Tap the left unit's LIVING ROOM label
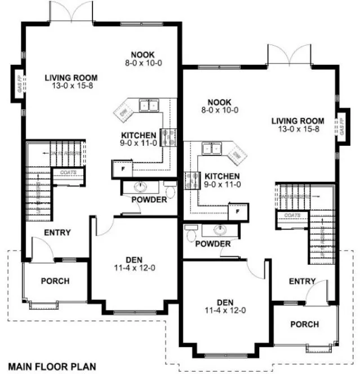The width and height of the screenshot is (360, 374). pos(72,78)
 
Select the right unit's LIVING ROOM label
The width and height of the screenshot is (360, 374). pos(297,121)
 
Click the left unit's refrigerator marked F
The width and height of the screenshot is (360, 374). pos(119,168)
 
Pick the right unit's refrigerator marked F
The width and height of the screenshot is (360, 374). pos(237,212)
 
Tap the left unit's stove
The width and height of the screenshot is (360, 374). pos(167,137)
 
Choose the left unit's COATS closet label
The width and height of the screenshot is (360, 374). pos(61,173)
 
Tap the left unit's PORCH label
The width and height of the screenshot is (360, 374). pos(55,281)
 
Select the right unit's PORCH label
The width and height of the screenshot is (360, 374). pos(304,324)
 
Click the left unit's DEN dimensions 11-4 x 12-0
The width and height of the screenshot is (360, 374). pos(134,268)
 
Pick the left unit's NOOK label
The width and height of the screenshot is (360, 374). pos(143,55)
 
